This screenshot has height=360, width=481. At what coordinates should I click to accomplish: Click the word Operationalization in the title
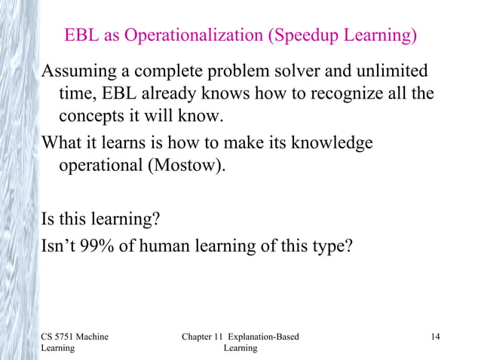pyautogui.click(x=204, y=35)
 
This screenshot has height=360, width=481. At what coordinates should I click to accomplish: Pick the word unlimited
pyautogui.click(x=391, y=72)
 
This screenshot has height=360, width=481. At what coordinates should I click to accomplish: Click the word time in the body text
pyautogui.click(x=75, y=95)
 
